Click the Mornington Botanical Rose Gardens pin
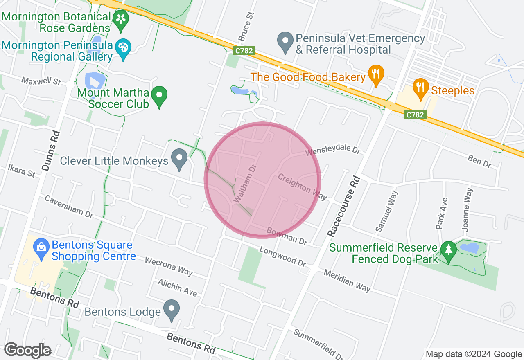tap(121, 20)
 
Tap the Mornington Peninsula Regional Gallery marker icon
tap(122, 47)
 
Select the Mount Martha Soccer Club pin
tap(159, 96)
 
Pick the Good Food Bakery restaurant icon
tap(375, 74)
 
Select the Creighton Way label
tap(303, 187)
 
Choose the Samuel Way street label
tap(386, 211)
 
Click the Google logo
tap(27, 351)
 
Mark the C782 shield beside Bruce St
tap(244, 51)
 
